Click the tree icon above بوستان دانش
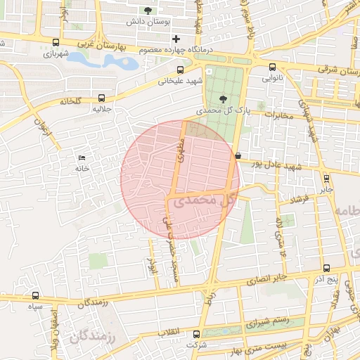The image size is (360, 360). pyautogui.click(x=148, y=11)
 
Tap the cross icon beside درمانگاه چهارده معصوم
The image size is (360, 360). pyautogui.click(x=176, y=38)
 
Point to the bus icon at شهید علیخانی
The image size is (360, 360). pyautogui.click(x=181, y=70)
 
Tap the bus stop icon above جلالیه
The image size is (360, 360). pyautogui.click(x=103, y=98)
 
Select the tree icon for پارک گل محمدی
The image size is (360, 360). pyautogui.click(x=224, y=100)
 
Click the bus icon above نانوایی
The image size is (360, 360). pyautogui.click(x=272, y=67)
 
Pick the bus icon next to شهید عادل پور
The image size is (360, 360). pyautogui.click(x=238, y=155)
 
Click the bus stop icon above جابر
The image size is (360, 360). pyautogui.click(x=326, y=178)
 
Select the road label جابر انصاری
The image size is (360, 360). pyautogui.click(x=269, y=279)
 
